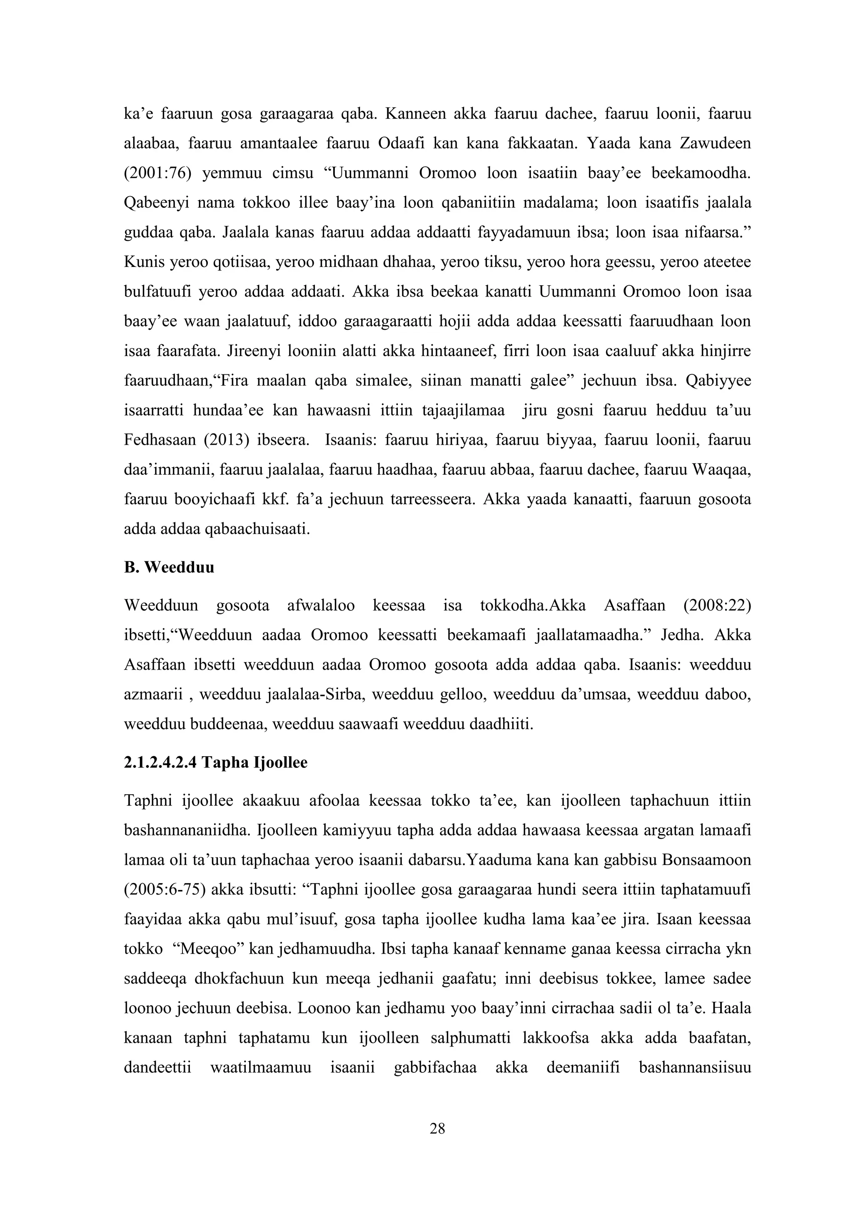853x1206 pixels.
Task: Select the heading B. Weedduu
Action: (169, 567)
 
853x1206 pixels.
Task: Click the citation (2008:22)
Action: (717, 605)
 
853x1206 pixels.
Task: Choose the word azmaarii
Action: (153, 695)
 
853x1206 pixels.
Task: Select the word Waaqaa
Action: (722, 469)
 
